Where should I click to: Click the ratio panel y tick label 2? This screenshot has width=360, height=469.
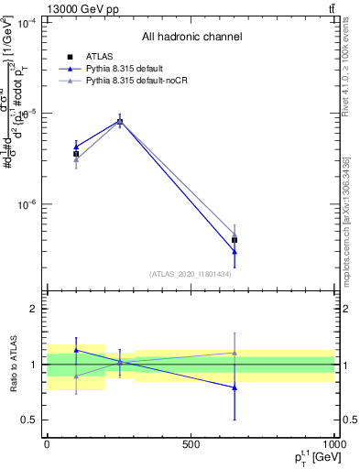(x=35, y=309)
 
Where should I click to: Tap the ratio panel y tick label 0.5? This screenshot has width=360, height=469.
(x=30, y=420)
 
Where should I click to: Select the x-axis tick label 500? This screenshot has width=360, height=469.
(x=191, y=445)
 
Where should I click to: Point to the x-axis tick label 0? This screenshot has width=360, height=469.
(x=47, y=445)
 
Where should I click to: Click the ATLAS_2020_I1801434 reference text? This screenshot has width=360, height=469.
(x=191, y=274)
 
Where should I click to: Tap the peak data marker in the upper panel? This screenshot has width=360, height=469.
(x=119, y=121)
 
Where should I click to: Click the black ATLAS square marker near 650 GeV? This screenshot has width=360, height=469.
(x=235, y=240)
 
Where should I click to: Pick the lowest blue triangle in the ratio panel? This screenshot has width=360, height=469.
(x=235, y=387)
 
